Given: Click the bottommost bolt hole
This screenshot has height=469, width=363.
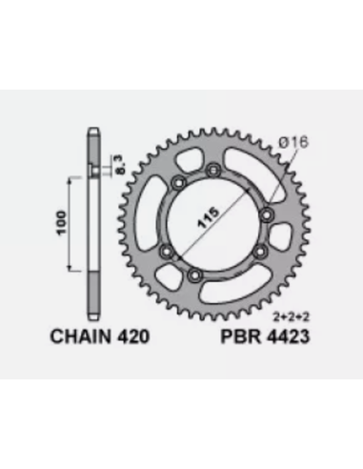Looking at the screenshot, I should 194,275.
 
